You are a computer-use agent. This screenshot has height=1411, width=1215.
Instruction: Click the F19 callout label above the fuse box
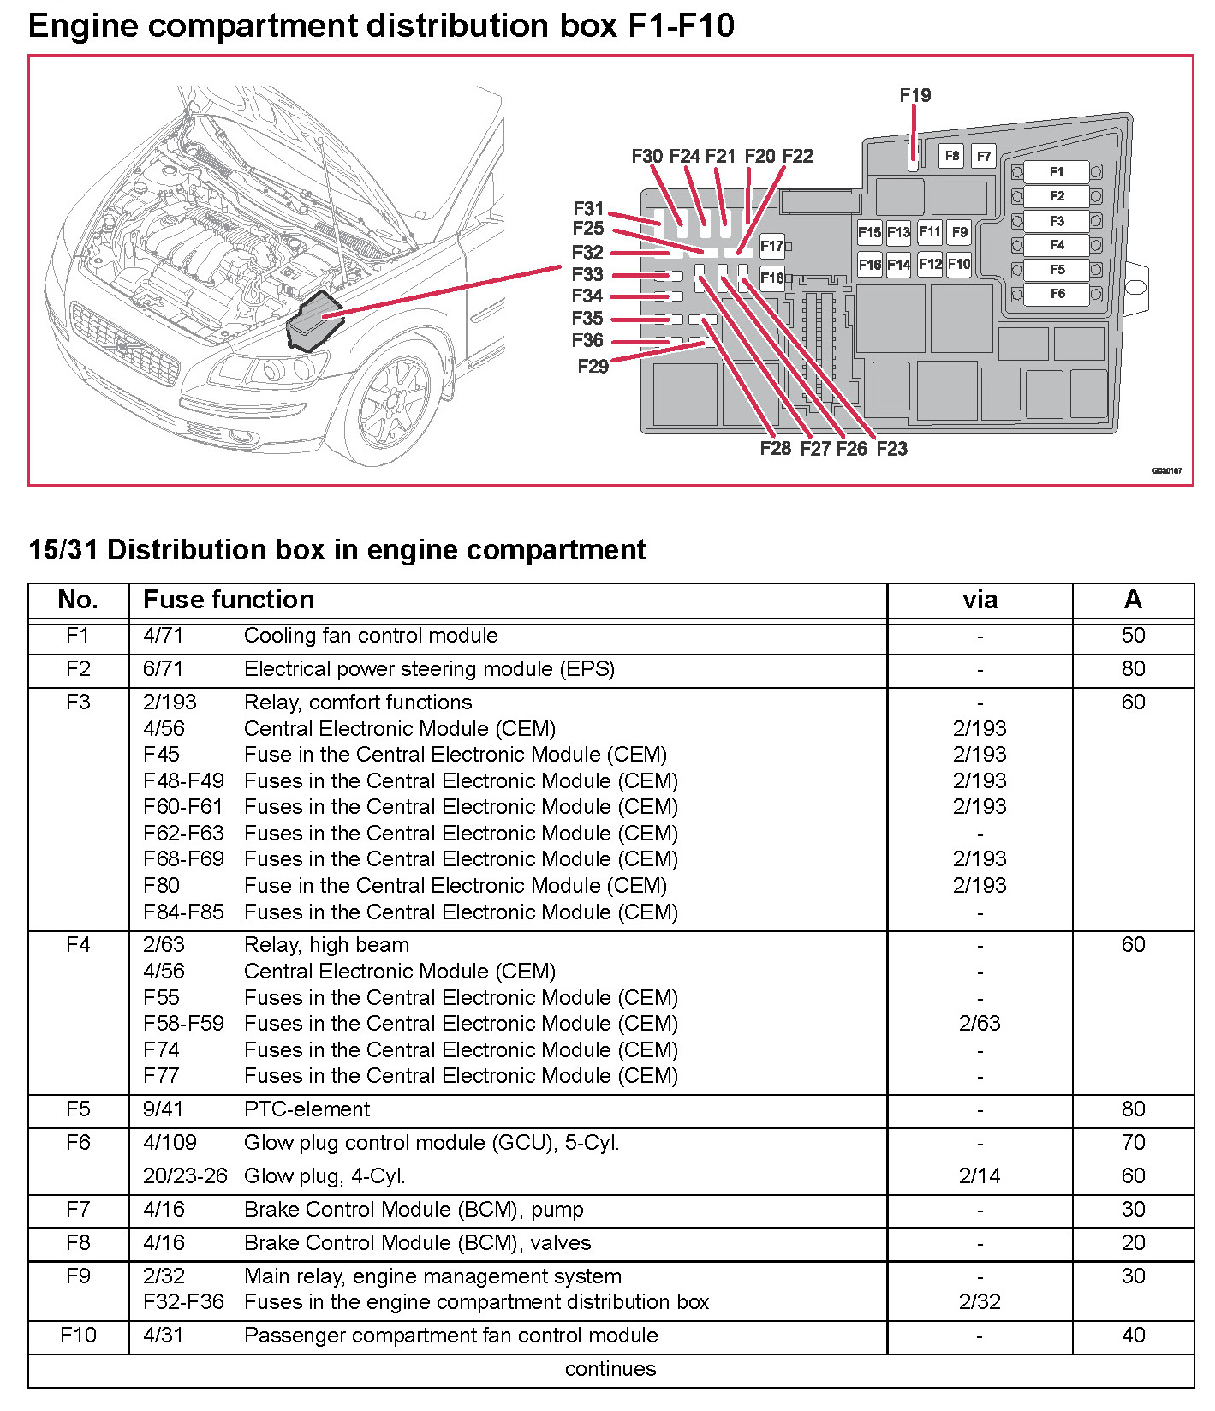tap(914, 95)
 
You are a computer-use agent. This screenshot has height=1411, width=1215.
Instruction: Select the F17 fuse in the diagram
tap(771, 247)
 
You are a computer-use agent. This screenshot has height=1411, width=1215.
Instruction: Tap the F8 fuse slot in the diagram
tap(951, 156)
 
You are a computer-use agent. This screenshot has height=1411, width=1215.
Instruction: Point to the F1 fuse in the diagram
tap(1057, 172)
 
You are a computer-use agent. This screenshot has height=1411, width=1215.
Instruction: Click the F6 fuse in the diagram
tap(1057, 294)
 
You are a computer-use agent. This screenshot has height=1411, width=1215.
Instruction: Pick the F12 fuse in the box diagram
tap(930, 264)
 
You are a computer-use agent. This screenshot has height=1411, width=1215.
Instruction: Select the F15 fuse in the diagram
tap(869, 232)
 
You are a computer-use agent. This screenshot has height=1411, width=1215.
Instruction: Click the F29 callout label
tap(593, 367)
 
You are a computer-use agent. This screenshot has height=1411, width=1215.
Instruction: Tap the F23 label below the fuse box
tap(891, 449)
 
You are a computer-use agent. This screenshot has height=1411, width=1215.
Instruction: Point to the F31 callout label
tap(588, 208)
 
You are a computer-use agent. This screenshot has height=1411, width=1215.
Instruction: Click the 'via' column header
tap(980, 600)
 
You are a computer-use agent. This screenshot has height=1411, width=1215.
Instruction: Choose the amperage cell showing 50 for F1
tap(1133, 636)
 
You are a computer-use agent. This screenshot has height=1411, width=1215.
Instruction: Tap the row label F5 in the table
tap(78, 1109)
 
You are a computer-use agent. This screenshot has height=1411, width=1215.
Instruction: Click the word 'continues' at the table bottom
tap(610, 1369)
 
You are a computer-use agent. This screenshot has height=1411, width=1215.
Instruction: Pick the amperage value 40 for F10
tap(1133, 1336)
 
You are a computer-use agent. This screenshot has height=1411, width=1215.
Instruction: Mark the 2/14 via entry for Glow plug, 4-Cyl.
tap(980, 1176)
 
